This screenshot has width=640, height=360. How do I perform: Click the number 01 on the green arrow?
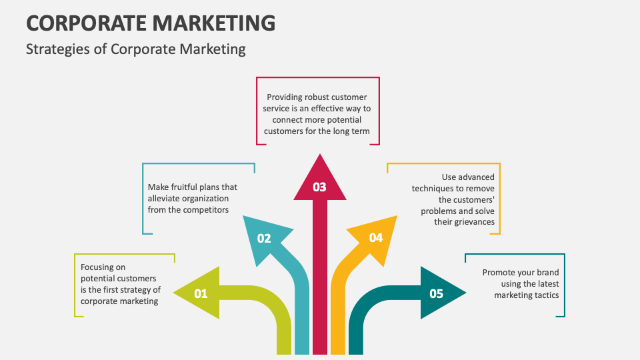click(201, 293)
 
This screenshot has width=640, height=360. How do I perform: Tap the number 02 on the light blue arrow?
click(264, 238)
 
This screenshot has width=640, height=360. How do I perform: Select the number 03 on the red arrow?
click(320, 187)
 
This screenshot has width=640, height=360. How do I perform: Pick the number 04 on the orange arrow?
click(376, 237)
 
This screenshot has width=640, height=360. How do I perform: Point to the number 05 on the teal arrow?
click(437, 293)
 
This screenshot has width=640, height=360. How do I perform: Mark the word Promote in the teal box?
click(499, 273)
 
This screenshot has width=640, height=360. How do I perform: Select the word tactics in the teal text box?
click(546, 295)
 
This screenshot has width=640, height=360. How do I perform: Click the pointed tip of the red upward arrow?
click(320, 155)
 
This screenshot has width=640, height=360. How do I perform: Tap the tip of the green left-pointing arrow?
click(174, 293)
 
